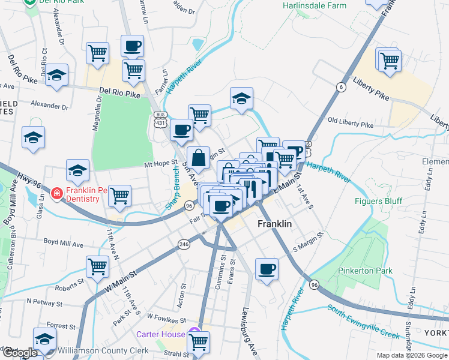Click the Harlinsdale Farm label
tap(315, 5)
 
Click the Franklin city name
tap(274, 224)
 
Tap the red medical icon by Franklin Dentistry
tap(56, 194)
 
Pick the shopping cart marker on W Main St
tap(97, 266)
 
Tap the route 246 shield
tap(184, 244)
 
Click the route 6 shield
tap(341, 86)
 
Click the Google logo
tap(19, 353)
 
